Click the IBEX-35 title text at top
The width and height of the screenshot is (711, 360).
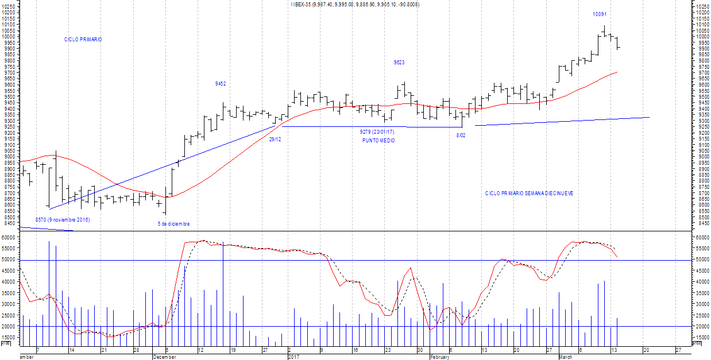355,5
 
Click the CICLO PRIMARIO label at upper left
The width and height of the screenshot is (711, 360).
83,40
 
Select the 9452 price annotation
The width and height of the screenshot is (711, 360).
221,84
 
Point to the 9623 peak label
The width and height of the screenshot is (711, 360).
399,63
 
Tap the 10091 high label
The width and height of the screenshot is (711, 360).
599,14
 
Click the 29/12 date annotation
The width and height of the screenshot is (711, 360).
275,140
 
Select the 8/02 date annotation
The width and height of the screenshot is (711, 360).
461,136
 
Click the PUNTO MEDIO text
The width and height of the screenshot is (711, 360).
378,141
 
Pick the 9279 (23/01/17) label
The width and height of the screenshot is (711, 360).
377,132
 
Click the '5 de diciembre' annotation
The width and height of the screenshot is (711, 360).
173,224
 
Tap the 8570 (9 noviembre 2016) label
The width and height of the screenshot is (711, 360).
63,220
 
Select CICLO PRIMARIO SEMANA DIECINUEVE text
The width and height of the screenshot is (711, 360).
529,193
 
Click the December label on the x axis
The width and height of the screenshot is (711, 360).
165,357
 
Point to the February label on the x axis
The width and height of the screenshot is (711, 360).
440,357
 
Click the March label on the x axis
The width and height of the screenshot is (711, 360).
567,357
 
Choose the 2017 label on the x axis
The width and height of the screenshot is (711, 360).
293,357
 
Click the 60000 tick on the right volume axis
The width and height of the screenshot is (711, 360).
702,237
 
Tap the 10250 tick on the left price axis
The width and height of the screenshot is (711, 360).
10,7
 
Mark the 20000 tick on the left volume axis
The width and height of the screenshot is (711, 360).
10,326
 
